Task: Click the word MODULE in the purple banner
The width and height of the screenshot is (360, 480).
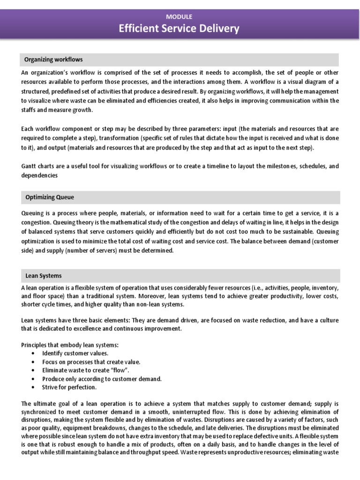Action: click(x=180, y=16)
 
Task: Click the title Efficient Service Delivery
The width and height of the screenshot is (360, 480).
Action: click(x=180, y=29)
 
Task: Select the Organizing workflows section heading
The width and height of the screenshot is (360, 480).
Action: click(x=53, y=60)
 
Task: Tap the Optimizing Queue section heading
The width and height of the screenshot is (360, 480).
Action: click(x=49, y=197)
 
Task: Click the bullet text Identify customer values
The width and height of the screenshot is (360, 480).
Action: click(x=75, y=353)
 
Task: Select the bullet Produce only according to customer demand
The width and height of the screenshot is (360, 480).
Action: click(x=102, y=379)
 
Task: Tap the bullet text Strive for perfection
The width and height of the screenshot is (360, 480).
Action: click(x=69, y=387)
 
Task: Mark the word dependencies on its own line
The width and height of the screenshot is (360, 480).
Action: click(x=40, y=175)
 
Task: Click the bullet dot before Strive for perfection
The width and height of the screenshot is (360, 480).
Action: click(x=32, y=388)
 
